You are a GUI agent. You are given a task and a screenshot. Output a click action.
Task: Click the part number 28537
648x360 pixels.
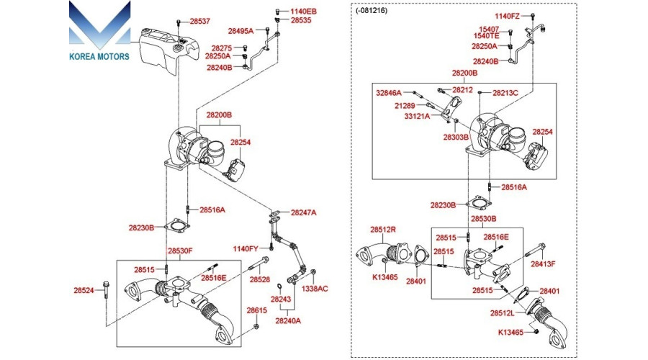200,21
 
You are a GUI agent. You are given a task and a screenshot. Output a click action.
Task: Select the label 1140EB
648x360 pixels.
303,12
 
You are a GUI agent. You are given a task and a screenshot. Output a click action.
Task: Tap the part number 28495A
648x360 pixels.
240,31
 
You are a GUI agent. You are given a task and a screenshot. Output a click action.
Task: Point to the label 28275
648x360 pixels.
222,48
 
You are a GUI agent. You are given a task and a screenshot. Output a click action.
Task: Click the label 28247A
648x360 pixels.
303,212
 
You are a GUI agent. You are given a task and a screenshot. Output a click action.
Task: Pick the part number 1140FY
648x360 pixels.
246,249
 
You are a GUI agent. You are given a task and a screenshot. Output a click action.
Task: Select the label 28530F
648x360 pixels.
180,251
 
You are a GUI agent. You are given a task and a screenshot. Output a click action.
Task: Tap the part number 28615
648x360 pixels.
257,310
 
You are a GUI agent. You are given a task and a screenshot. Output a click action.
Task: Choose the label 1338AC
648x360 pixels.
315,289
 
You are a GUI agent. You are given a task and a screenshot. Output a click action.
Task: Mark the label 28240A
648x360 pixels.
288,320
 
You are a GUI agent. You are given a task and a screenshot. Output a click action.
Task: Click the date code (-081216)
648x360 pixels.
372,11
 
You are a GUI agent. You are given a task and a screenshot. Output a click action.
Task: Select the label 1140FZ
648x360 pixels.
507,17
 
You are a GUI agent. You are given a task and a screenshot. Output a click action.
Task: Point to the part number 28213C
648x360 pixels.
505,93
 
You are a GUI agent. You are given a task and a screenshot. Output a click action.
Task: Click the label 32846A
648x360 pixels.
389,93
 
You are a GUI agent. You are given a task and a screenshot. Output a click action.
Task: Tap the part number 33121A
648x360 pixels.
417,116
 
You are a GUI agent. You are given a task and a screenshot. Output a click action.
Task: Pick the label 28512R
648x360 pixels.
383,230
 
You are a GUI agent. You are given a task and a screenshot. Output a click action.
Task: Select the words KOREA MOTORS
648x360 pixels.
99,56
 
